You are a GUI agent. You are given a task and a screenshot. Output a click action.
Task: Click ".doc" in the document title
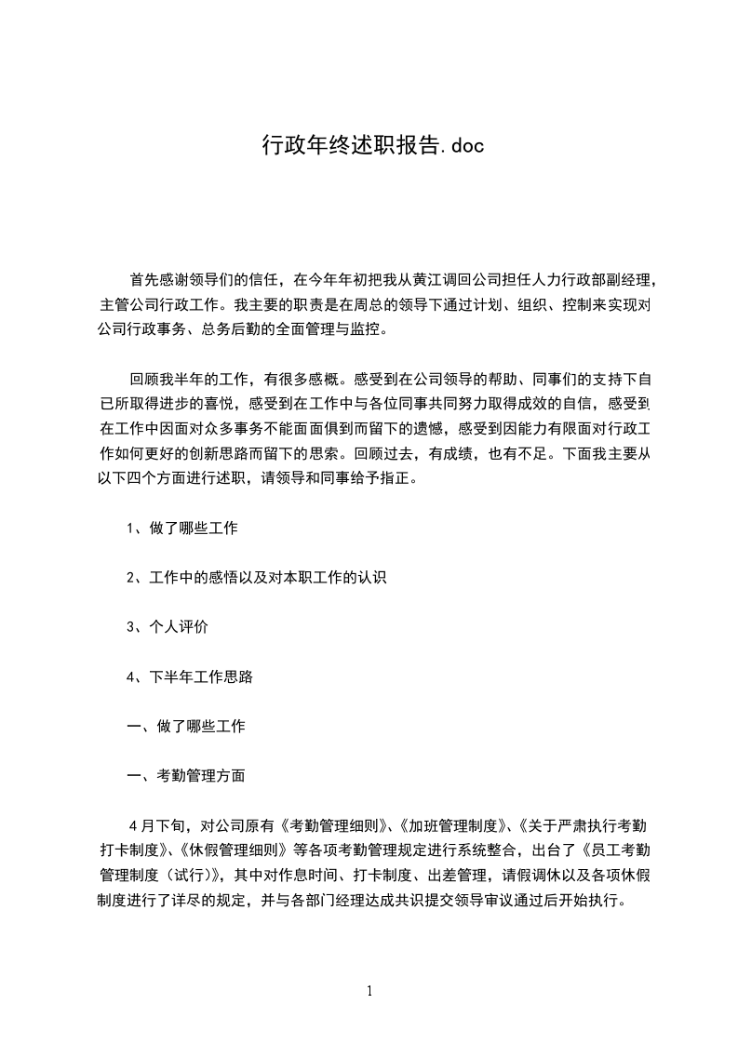(x=460, y=146)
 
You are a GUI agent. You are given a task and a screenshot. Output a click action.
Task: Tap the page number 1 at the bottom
(x=369, y=991)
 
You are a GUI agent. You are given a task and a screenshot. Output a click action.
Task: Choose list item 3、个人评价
(x=168, y=627)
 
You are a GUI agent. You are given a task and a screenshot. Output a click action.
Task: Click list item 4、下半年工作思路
(x=190, y=677)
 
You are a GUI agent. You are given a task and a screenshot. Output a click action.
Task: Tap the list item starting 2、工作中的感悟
(x=257, y=577)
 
